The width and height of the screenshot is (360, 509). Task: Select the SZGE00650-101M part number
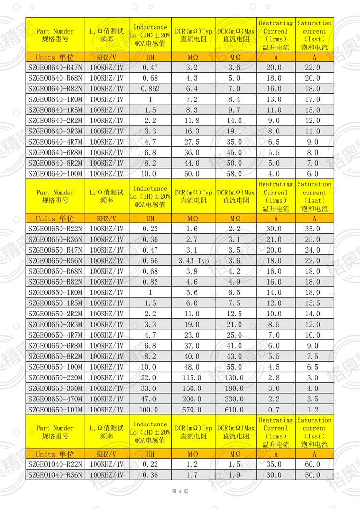(x=55, y=410)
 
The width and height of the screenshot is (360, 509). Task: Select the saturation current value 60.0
(x=312, y=464)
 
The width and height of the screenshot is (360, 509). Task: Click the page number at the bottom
(x=180, y=491)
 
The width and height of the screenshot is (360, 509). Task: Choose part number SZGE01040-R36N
(x=55, y=475)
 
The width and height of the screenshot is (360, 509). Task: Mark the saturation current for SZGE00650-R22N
(x=312, y=229)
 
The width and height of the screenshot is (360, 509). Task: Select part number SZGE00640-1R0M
(x=55, y=99)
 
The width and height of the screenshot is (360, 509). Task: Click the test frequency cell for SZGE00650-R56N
(x=107, y=261)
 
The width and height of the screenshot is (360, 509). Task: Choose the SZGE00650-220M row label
(x=55, y=378)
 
